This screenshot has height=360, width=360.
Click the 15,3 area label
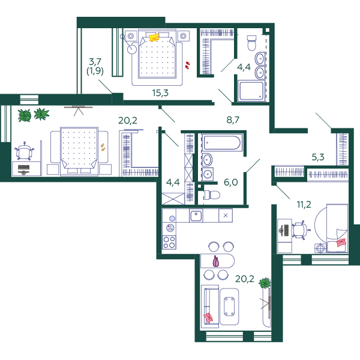point(160,93)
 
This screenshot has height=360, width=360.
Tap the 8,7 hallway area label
point(233,120)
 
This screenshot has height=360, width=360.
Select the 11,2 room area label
point(304,205)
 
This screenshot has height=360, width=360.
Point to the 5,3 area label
point(318,157)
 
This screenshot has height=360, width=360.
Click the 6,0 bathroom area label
point(231,182)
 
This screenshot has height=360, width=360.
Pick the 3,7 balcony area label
point(95,62)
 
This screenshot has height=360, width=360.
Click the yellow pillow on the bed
point(154,37)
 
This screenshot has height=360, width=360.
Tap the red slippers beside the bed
point(188,65)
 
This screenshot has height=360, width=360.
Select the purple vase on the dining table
point(216,261)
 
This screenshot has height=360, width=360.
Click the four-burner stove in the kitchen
point(169,242)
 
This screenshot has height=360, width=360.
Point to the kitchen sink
point(196,216)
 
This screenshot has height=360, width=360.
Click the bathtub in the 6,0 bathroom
point(222,143)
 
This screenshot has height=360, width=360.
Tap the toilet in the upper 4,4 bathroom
point(251,43)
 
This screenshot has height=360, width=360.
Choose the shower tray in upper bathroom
point(251,91)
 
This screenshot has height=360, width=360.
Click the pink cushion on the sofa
point(208,318)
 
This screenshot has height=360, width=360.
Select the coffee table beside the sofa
point(229,307)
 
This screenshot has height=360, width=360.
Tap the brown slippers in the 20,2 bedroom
point(103,147)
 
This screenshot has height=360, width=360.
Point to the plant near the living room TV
point(265,283)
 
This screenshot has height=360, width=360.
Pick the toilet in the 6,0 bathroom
point(212,195)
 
